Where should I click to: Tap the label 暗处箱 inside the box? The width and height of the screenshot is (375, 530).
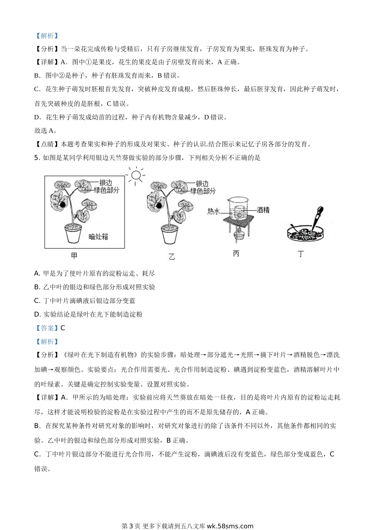point(98,237)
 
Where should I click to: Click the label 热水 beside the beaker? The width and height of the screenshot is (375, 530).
point(214,211)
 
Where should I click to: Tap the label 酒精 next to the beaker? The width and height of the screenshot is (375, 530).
point(263,210)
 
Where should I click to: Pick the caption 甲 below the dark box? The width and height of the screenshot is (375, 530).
point(74,256)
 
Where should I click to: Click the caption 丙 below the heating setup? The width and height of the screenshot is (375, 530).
point(236,254)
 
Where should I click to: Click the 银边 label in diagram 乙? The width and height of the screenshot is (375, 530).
point(202,184)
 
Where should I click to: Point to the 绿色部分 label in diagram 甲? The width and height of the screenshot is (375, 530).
point(107,190)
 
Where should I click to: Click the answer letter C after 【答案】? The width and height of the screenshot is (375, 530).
point(63,328)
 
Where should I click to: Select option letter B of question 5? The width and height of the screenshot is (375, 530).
point(37,287)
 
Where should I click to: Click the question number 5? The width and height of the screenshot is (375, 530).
point(36,158)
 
